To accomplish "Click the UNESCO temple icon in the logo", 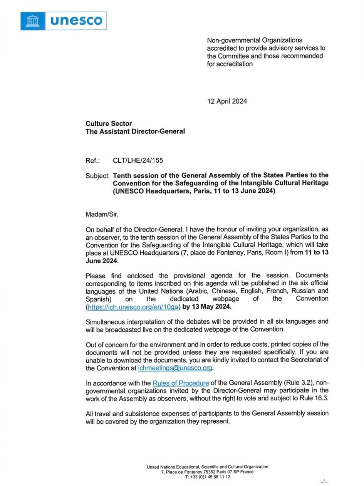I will point(32,21).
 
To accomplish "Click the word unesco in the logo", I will point(76,21).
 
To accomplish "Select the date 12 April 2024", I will point(227,102).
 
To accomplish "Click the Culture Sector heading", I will point(109,124).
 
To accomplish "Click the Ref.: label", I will point(93,160).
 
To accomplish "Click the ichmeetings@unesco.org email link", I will point(175,368).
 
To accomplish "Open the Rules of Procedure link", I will point(181,383).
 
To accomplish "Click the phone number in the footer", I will point(207,477).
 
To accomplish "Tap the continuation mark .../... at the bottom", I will point(324,481).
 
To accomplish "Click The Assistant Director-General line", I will point(135,131).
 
